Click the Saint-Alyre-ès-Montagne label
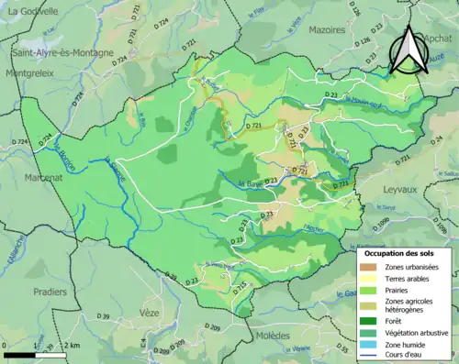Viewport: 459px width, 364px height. pyautogui.click(x=62, y=53)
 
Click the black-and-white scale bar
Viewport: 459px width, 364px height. pyautogui.click(x=37, y=354)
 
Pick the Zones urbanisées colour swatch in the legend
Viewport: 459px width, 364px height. pyautogui.click(x=371, y=267)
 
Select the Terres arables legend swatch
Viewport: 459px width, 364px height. pyautogui.click(x=371, y=280)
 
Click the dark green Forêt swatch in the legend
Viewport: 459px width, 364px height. pyautogui.click(x=371, y=321)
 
